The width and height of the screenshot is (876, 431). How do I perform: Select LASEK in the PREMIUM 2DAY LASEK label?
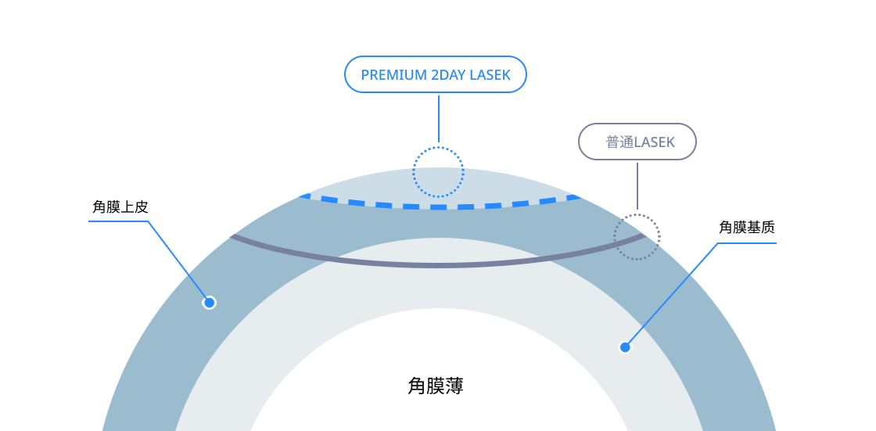[490, 75]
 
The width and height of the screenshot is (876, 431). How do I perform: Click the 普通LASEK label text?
[639, 142]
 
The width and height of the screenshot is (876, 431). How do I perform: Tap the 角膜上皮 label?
[120, 207]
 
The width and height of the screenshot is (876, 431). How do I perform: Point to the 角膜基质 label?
[747, 228]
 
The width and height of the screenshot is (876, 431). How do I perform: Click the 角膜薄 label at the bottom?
[435, 385]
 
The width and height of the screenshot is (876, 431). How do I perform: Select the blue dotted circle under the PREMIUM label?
[438, 147]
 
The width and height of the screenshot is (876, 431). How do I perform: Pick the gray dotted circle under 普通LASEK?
[637, 215]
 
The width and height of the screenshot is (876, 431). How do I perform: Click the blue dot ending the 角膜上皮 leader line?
[209, 303]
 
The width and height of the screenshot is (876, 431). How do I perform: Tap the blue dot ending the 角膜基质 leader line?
[625, 347]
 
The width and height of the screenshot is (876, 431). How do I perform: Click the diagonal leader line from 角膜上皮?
[178, 261]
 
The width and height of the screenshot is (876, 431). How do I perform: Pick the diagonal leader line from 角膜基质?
[671, 295]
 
